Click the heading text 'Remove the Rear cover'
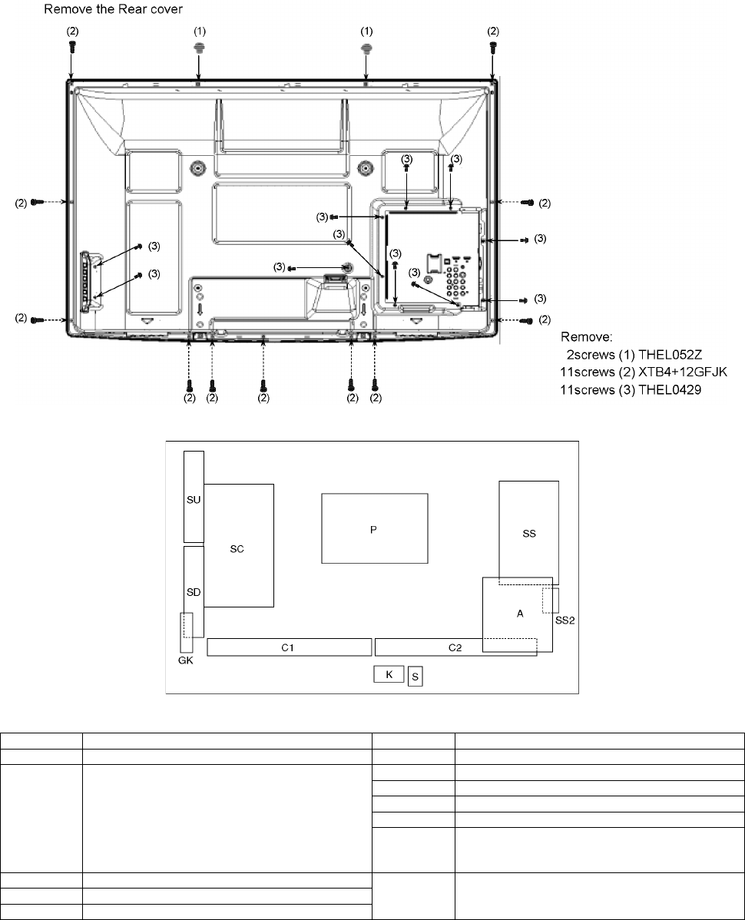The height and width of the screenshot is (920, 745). click(x=113, y=9)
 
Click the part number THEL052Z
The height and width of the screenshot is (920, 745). click(x=670, y=355)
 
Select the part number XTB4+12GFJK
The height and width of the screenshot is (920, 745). click(x=683, y=372)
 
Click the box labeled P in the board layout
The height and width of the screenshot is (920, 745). click(x=374, y=528)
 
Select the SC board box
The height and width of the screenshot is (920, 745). click(x=239, y=545)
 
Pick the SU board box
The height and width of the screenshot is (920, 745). click(x=194, y=496)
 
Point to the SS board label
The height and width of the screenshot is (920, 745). click(x=529, y=534)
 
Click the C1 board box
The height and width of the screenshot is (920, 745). click(x=290, y=647)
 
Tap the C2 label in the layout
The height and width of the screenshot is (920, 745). click(x=455, y=647)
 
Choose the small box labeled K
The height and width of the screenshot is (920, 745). click(x=389, y=674)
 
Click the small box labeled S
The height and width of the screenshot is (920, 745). click(x=416, y=677)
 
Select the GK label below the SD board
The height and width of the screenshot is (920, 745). click(x=185, y=660)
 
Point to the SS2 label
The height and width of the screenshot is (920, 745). click(x=565, y=621)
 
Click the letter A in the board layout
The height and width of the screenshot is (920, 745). click(x=520, y=614)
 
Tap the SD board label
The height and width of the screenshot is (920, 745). click(x=194, y=593)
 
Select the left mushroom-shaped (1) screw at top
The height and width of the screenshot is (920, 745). click(x=199, y=46)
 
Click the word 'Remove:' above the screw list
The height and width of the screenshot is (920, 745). click(x=587, y=337)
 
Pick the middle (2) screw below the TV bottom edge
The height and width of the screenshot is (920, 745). click(x=263, y=385)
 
